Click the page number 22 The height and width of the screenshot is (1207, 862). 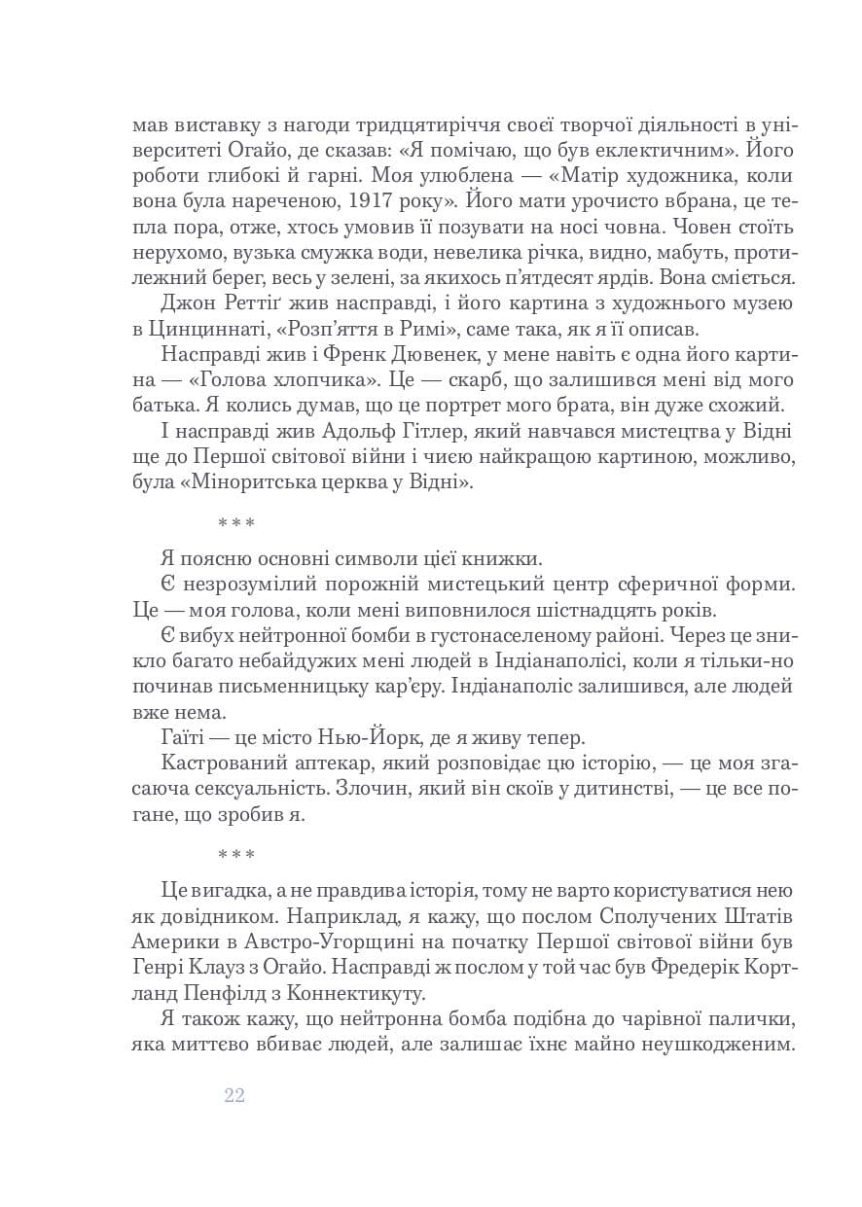[233, 1096]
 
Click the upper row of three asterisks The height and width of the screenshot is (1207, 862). [235, 523]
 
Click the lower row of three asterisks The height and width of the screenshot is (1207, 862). [235, 855]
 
